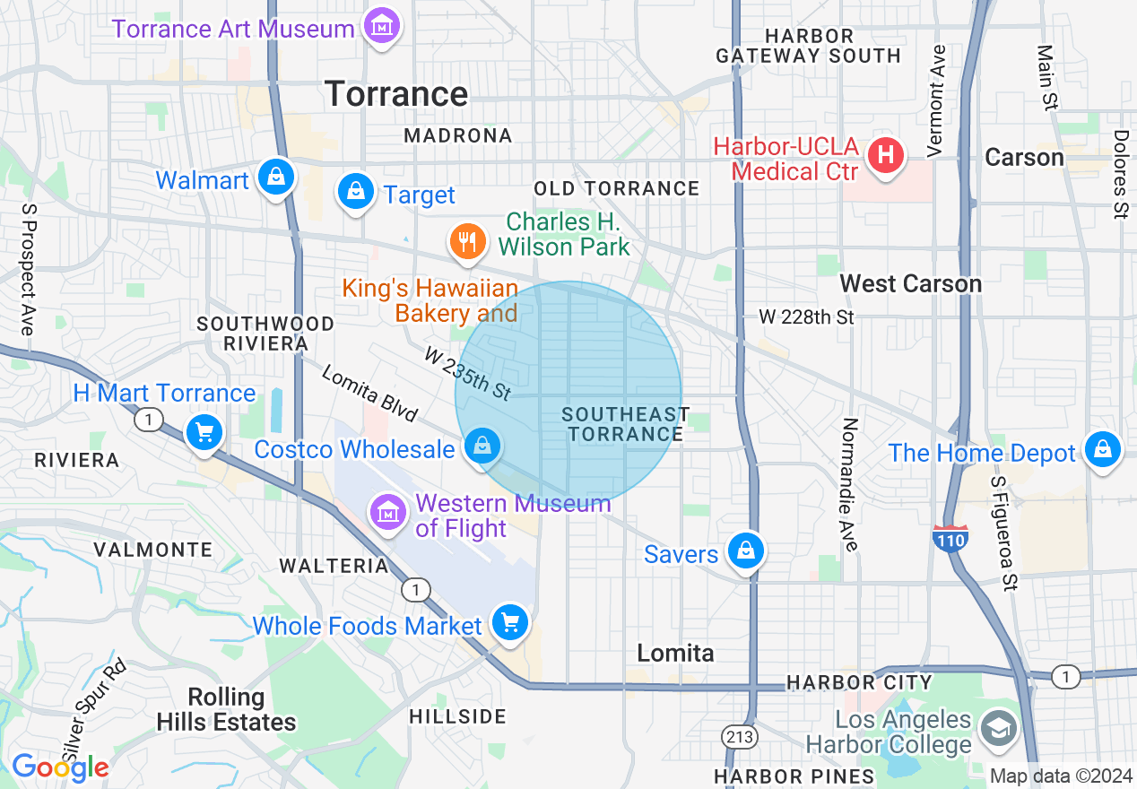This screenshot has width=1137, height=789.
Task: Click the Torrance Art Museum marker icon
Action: click(383, 27)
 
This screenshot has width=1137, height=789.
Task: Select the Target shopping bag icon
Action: click(356, 191)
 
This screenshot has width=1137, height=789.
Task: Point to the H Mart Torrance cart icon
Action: click(204, 433)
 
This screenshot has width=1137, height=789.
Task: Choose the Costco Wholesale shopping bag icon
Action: click(482, 445)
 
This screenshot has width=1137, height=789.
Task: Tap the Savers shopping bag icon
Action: click(745, 551)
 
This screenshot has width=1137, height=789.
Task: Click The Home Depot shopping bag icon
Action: click(1102, 447)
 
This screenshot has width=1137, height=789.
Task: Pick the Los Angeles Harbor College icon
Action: click(997, 727)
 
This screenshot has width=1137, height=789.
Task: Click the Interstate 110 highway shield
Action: click(950, 539)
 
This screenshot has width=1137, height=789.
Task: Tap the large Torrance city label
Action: click(396, 94)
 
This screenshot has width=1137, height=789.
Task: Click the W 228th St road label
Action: click(806, 316)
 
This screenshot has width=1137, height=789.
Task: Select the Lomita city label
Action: click(675, 653)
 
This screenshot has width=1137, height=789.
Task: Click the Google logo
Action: click(60, 767)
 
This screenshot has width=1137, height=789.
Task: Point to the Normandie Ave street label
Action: click(850, 484)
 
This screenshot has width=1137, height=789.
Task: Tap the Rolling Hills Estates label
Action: click(226, 709)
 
